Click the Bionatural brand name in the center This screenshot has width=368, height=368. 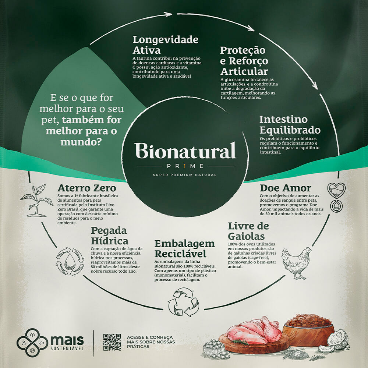click(x=185, y=151)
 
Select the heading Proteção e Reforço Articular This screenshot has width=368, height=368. click(x=244, y=61)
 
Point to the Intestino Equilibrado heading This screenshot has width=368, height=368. click(x=290, y=125)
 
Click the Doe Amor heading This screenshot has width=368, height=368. click(x=285, y=188)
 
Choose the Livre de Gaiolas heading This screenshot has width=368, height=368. click(x=248, y=231)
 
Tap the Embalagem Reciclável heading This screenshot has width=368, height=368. click(x=184, y=249)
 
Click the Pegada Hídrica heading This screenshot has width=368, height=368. click(x=109, y=236)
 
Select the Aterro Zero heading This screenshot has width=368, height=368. click(x=87, y=188)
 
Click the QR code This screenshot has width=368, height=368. click(x=112, y=342)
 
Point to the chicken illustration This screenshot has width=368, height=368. click(x=296, y=262)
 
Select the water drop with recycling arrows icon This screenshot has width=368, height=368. click(x=70, y=262)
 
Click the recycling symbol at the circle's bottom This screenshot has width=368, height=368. click(x=183, y=302)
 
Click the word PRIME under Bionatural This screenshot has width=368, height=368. click(x=185, y=166)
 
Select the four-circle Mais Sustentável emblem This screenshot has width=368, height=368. click(x=32, y=343)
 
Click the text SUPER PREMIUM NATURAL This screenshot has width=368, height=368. click(x=185, y=175)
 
